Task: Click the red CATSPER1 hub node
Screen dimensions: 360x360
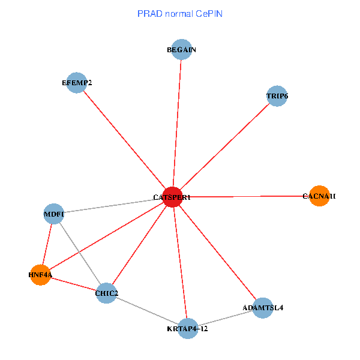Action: point(173,197)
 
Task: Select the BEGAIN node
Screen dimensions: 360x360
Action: point(182,50)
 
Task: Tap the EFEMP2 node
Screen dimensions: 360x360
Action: point(77,83)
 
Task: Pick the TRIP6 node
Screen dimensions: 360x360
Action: point(277,96)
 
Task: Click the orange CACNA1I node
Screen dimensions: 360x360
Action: point(319,196)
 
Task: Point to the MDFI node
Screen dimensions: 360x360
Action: point(54,214)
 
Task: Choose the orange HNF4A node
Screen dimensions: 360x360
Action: point(40,275)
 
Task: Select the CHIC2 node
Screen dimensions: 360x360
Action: point(106,293)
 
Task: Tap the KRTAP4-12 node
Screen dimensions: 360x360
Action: point(188,328)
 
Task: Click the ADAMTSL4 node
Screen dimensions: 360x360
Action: point(263,308)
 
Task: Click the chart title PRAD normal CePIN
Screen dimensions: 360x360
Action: point(179,13)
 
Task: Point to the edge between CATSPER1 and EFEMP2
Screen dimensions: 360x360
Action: point(125,140)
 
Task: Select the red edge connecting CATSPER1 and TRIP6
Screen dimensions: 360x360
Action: point(224,147)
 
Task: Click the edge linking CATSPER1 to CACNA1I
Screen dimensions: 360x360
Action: point(246,196)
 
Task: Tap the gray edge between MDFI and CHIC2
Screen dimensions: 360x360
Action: point(80,253)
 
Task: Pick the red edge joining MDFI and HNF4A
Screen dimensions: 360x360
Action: point(47,244)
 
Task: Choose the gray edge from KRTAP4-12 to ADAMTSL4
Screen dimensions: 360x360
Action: point(225,318)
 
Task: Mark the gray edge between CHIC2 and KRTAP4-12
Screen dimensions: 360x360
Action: point(147,311)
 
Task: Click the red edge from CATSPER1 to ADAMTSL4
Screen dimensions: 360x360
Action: point(218,253)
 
